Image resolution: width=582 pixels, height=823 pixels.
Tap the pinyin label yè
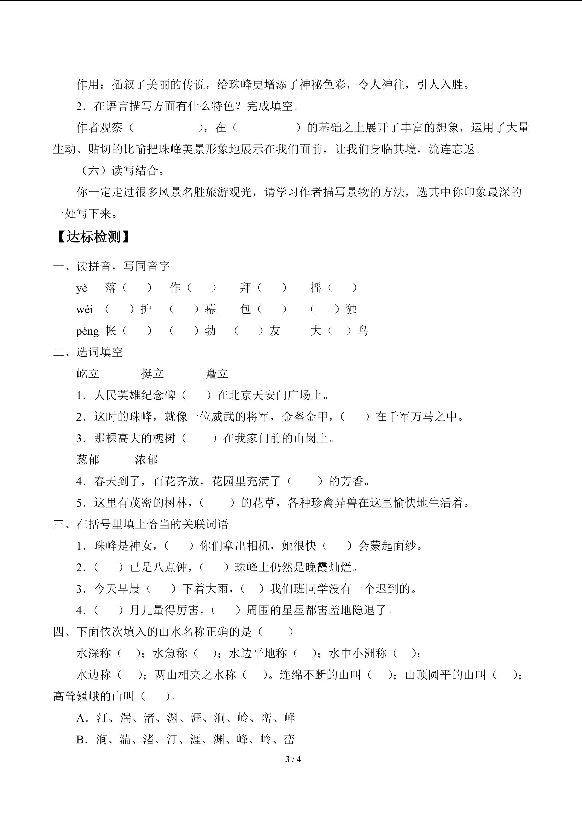click(82, 288)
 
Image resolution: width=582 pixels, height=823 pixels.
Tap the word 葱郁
click(88, 460)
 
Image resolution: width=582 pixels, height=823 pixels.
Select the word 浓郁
click(146, 460)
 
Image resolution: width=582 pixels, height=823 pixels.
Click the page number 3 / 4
click(293, 759)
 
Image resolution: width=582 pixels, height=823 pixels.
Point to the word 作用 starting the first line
click(88, 85)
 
